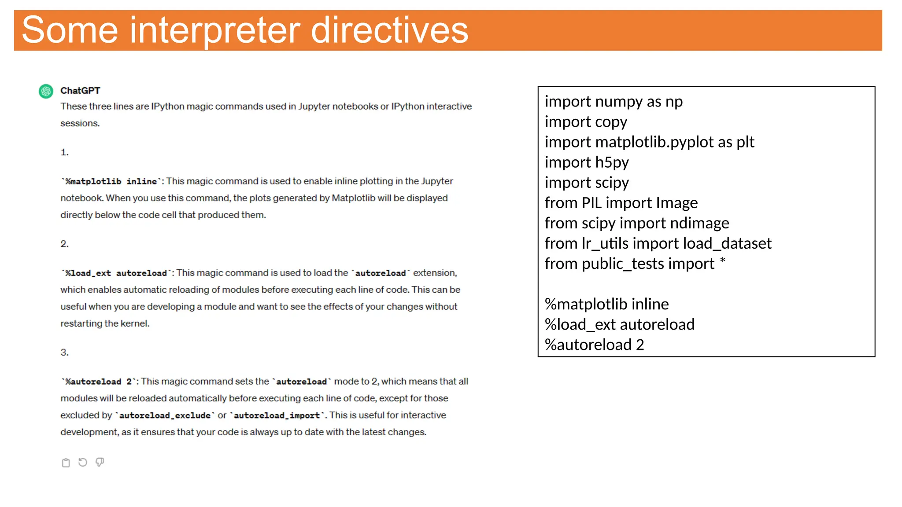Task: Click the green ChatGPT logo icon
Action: point(46,91)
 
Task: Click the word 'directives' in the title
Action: point(389,30)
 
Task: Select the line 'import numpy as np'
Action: point(613,102)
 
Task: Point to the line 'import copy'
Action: point(586,122)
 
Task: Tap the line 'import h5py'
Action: point(587,162)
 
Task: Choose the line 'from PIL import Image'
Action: point(621,203)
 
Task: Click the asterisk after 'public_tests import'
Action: point(723,261)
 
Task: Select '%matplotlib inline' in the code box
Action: point(606,304)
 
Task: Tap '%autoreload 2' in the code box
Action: point(594,345)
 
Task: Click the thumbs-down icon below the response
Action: point(100,462)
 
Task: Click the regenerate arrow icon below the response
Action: point(83,462)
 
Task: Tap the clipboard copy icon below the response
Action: point(66,463)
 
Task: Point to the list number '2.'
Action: point(64,244)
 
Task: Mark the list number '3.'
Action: point(64,353)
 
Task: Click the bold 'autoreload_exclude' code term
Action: point(165,415)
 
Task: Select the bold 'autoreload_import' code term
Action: point(277,415)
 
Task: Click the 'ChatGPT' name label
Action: point(80,91)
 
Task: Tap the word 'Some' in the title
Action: point(70,30)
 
